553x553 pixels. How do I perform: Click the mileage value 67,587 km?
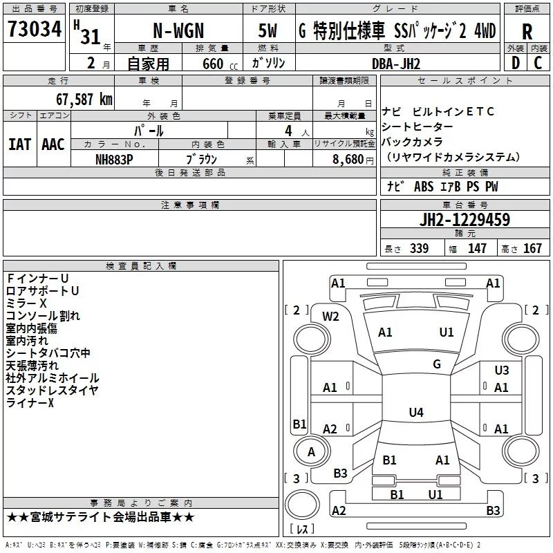click(x=77, y=99)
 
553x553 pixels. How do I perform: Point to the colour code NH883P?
click(x=115, y=158)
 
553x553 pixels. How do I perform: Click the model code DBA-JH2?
click(x=396, y=64)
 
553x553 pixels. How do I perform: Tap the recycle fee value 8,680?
click(x=348, y=158)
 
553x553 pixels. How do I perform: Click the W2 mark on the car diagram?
click(x=331, y=317)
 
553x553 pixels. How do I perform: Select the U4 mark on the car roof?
click(x=415, y=413)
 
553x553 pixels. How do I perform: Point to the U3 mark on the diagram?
click(x=501, y=371)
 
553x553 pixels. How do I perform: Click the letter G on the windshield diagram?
click(x=436, y=364)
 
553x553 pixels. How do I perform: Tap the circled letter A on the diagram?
click(x=311, y=452)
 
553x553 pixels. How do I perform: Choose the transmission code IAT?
click(x=19, y=144)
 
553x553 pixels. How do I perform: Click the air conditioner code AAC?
click(x=53, y=144)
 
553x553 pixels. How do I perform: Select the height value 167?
click(x=532, y=248)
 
